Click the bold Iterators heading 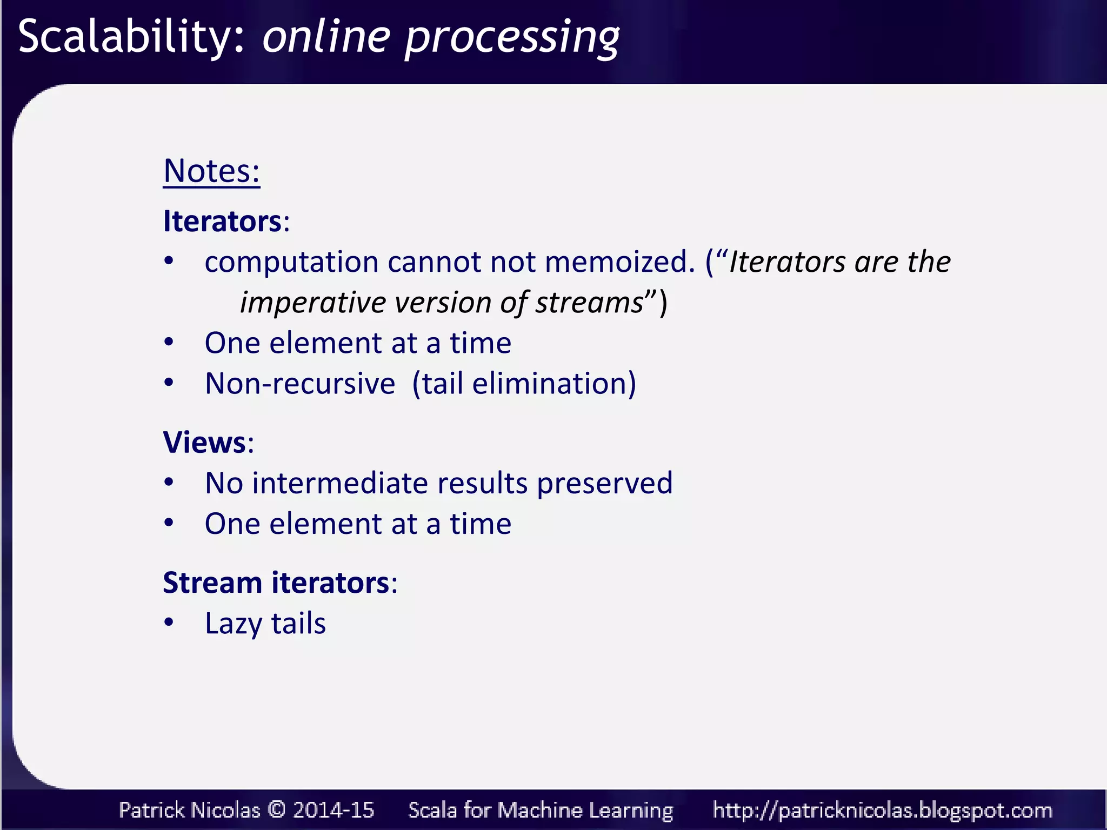coord(222,222)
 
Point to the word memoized coord(619,262)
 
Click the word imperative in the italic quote coord(313,303)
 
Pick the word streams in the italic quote coord(590,303)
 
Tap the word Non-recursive coord(300,384)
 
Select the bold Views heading coord(205,443)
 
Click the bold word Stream coord(212,583)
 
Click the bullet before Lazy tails coord(169,622)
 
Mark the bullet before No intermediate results coord(169,482)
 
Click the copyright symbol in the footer coord(276,809)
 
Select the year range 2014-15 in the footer coord(334,809)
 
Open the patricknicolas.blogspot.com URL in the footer coord(882,810)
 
